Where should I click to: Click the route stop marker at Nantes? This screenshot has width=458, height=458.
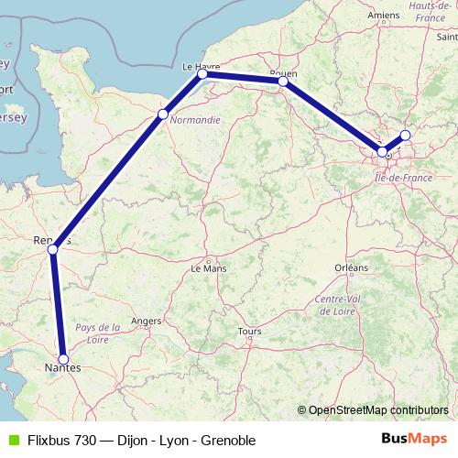(x=63, y=359)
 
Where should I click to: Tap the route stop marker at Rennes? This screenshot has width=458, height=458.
(x=52, y=249)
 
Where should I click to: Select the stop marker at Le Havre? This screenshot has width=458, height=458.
(x=203, y=74)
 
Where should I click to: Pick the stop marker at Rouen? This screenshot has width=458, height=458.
(x=283, y=82)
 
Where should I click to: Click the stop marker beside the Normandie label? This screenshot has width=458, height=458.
(x=163, y=114)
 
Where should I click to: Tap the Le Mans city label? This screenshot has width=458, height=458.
(x=208, y=269)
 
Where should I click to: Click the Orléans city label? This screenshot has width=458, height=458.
(x=351, y=267)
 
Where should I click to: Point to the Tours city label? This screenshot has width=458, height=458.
(x=249, y=331)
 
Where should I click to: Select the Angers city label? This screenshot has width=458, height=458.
(x=147, y=322)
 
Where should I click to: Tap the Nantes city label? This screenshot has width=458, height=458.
(x=62, y=368)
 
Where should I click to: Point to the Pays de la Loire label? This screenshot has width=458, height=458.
(x=98, y=332)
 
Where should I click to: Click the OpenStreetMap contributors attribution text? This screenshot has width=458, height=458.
(x=377, y=409)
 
